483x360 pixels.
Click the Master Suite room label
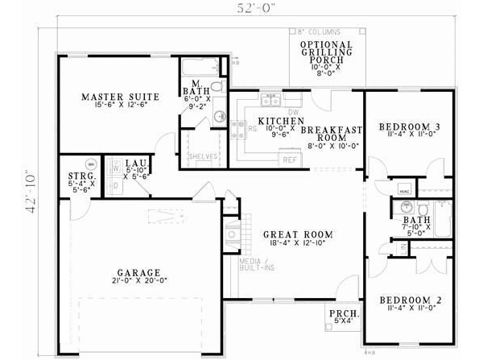120,97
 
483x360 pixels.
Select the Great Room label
298,234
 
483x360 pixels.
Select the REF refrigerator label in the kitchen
289,160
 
